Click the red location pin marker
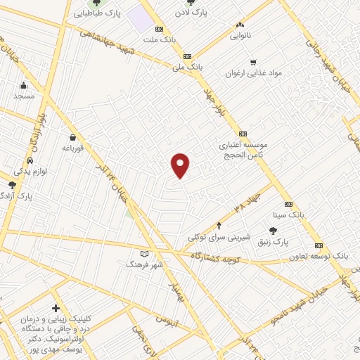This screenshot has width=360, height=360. point(181,165)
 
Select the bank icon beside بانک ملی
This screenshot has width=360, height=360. point(187,57)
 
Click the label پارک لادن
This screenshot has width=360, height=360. point(195,11)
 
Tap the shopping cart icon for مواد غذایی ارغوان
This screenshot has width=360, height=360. point(253,62)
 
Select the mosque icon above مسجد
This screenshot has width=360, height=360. point(23,86)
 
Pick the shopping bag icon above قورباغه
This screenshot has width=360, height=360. point(73,138)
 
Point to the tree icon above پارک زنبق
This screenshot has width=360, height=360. point(273,231)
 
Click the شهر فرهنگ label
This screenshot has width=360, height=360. point(144,264)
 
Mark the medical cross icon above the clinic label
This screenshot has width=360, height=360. point(56,308)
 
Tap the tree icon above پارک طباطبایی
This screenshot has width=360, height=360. point(96,3)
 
